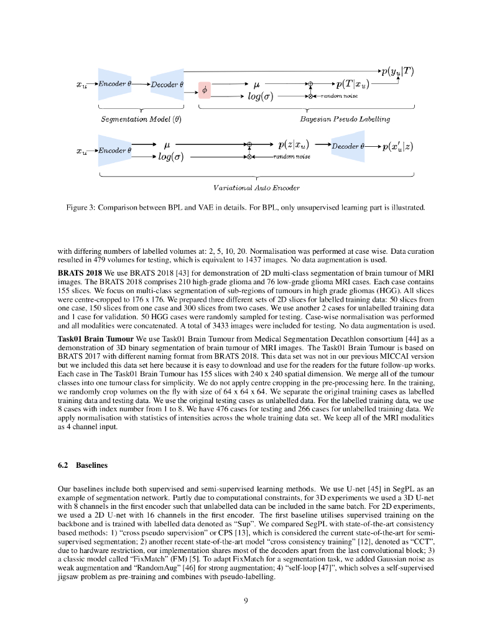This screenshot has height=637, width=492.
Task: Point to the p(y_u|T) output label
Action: pos(397,70)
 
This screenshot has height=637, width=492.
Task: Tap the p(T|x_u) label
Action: pos(351,84)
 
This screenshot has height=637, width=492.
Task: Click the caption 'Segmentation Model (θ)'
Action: pos(141,119)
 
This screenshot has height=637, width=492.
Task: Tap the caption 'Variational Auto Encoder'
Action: pos(256,187)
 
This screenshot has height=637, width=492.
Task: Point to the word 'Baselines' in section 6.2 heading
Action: pos(93,465)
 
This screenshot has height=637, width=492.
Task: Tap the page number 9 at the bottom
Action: pos(246,600)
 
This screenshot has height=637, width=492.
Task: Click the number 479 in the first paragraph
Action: pos(103,260)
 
